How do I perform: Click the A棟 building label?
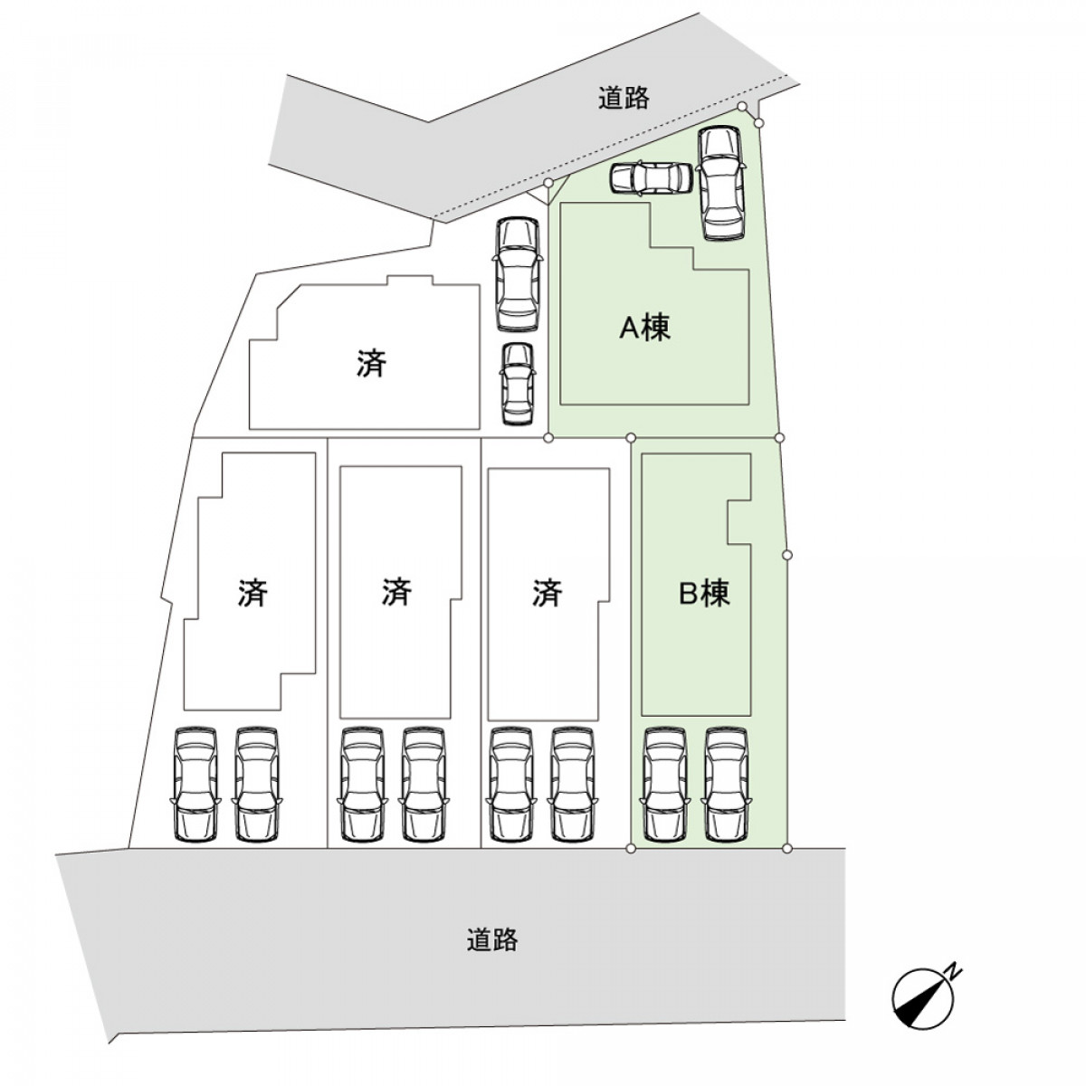[644, 328]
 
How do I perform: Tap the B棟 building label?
[704, 594]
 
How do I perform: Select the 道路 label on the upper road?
[624, 99]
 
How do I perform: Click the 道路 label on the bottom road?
[492, 940]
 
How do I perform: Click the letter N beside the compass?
[953, 971]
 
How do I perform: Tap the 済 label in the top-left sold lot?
[371, 364]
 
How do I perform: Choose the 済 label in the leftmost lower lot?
[252, 594]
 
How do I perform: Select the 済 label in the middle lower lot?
[396, 594]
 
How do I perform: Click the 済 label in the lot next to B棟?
[547, 594]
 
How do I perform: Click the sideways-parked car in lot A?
[651, 178]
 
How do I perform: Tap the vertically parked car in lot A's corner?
[721, 183]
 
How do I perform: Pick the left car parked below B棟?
[665, 784]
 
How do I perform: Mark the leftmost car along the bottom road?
[195, 784]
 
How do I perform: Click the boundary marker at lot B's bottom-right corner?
[786, 848]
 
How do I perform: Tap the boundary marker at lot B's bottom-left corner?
[631, 848]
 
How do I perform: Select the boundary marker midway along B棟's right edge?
[786, 554]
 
